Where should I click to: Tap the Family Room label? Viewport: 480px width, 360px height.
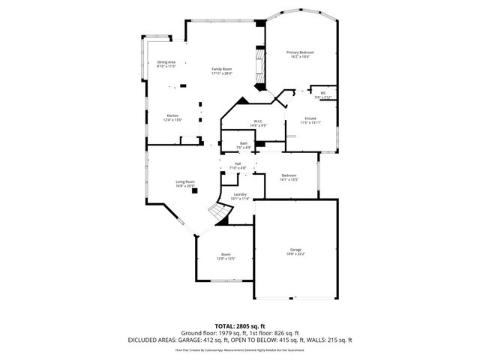coord(222,69)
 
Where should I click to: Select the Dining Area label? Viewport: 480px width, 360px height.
coord(166,62)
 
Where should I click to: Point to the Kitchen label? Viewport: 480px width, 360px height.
coord(172,115)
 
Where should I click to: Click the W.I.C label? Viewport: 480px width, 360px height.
coord(257,121)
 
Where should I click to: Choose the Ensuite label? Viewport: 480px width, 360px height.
coord(310,118)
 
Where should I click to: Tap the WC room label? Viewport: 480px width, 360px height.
coord(323,94)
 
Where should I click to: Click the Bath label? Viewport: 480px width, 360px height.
coord(244,143)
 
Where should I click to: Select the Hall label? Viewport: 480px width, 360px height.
coord(238,163)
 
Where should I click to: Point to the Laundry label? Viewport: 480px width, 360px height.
coord(240,194)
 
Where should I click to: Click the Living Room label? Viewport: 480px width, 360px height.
coord(185,181)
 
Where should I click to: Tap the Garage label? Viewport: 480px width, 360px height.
coord(295,250)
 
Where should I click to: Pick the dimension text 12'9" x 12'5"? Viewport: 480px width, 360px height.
coord(226,259)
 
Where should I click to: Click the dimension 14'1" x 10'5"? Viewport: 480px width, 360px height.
coord(289,179)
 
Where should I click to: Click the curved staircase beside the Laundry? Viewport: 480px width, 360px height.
coord(220,213)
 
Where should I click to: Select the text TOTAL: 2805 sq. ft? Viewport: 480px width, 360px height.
coord(239,325)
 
